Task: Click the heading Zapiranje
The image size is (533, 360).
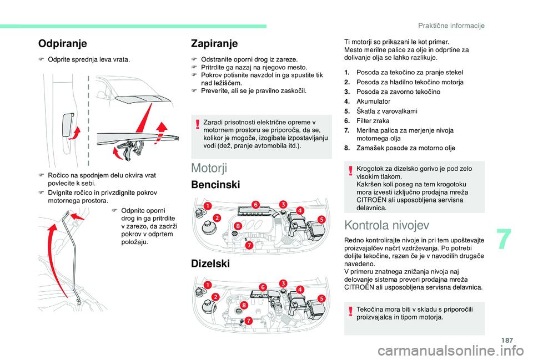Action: point(214,43)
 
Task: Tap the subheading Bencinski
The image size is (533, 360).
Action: point(216,185)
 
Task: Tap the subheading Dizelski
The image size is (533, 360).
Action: point(210,264)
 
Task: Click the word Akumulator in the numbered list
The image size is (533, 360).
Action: point(373,102)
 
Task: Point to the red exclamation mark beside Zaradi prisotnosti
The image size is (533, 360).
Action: point(197,126)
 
